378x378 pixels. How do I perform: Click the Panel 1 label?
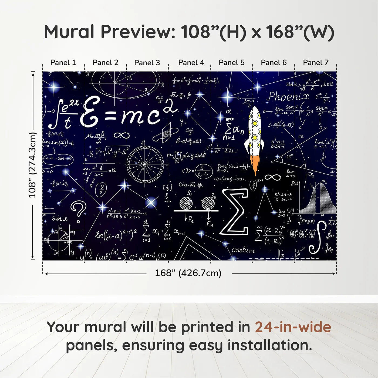coord(63,63)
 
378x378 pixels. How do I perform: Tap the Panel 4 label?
coord(191,63)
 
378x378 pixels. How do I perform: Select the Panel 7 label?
coord(316,63)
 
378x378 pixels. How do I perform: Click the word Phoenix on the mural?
coord(288,96)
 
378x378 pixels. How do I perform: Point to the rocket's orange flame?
coord(255,164)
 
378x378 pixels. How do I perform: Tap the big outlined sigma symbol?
coord(235,212)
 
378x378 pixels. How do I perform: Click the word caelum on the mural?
coord(243,250)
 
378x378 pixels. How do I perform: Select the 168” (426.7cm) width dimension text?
coord(188,273)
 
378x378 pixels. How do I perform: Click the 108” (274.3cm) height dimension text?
coord(32,165)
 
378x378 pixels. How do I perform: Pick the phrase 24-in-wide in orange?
coord(293,327)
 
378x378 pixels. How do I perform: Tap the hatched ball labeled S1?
coord(186,203)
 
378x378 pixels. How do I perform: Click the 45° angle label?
coord(289,156)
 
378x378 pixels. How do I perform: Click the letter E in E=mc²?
coord(90,112)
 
